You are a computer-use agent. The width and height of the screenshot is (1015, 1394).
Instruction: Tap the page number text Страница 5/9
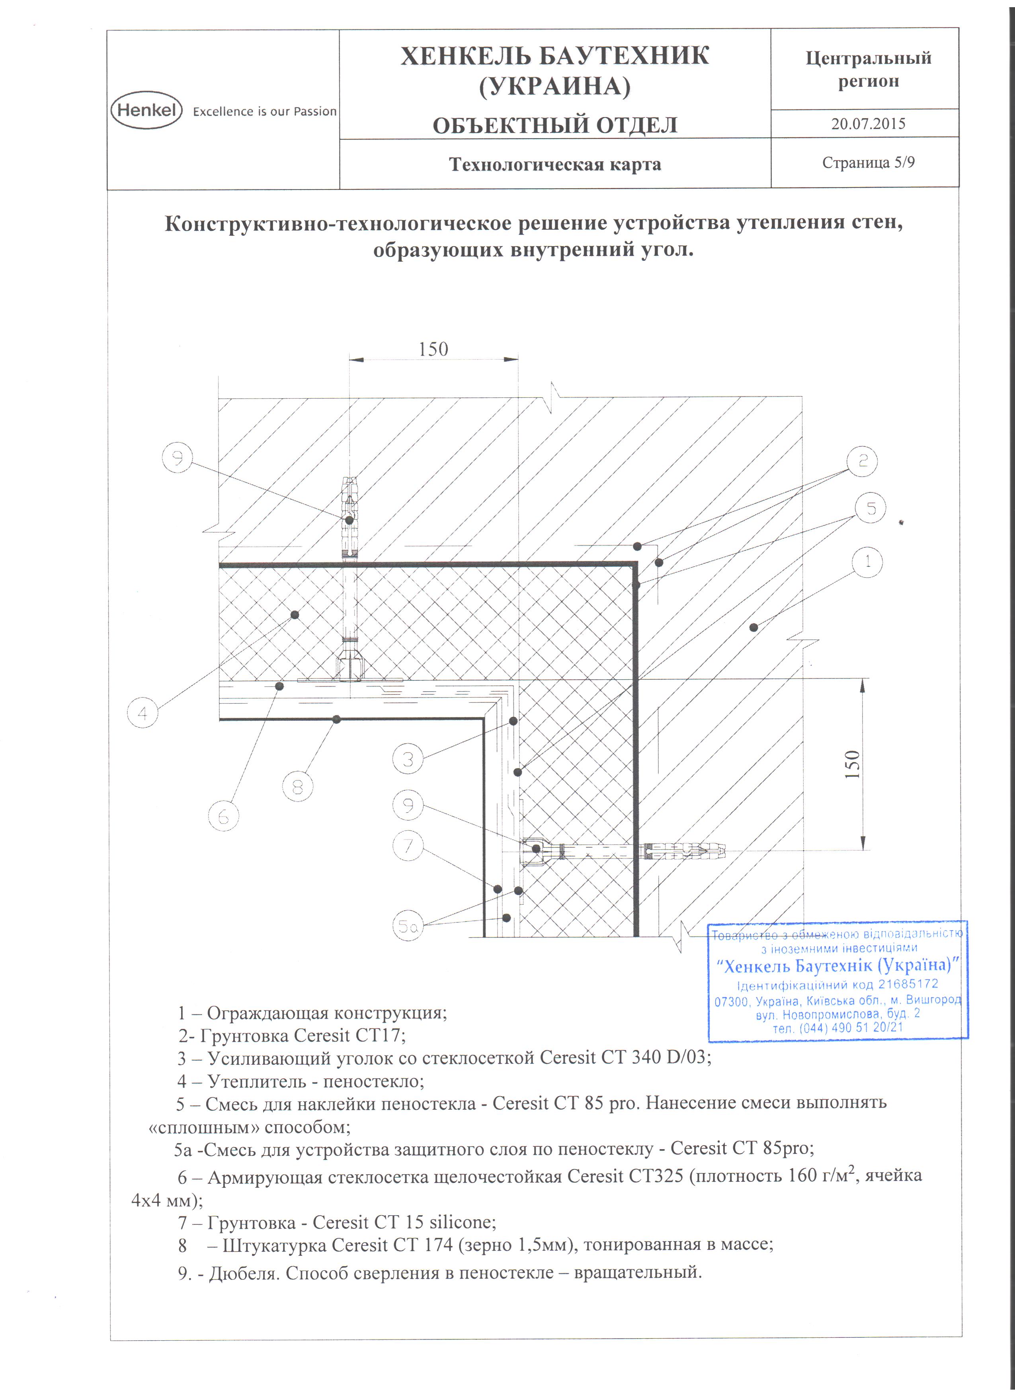pyautogui.click(x=868, y=162)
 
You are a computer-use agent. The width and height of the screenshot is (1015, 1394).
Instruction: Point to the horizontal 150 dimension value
pyautogui.click(x=433, y=349)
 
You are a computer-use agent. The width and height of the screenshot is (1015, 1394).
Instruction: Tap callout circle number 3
pyautogui.click(x=407, y=760)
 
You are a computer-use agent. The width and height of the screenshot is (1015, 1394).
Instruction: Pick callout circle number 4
pyautogui.click(x=142, y=714)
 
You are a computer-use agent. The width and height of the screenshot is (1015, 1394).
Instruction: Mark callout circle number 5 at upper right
pyautogui.click(x=871, y=508)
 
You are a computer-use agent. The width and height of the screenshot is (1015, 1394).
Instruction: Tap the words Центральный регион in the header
pyautogui.click(x=868, y=69)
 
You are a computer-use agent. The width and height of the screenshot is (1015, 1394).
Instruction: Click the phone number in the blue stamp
pyautogui.click(x=838, y=1028)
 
